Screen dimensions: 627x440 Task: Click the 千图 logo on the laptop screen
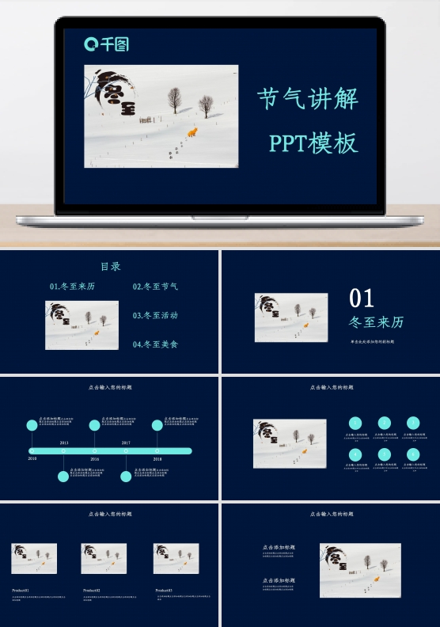106,44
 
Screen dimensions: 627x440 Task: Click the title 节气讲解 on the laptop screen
308,99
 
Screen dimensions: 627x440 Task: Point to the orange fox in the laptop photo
192,131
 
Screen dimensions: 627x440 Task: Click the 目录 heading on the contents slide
110,267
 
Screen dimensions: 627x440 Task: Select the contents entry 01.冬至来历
72,287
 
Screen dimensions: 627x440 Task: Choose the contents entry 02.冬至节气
155,287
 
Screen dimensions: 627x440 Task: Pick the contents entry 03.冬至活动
155,315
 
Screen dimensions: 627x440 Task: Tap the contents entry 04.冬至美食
155,344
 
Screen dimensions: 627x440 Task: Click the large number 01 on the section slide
362,298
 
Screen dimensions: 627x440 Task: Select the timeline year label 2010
32,458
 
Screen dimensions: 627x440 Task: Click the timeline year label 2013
64,443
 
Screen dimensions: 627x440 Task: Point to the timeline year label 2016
94,458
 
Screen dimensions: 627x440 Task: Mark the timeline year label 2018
157,458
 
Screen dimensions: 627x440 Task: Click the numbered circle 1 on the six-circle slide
356,423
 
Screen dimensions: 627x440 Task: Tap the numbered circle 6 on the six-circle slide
413,454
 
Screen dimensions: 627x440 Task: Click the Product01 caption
21,590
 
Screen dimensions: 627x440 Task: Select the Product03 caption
164,590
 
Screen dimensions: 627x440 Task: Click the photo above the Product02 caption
104,558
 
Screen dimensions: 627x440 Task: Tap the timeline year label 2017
126,443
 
